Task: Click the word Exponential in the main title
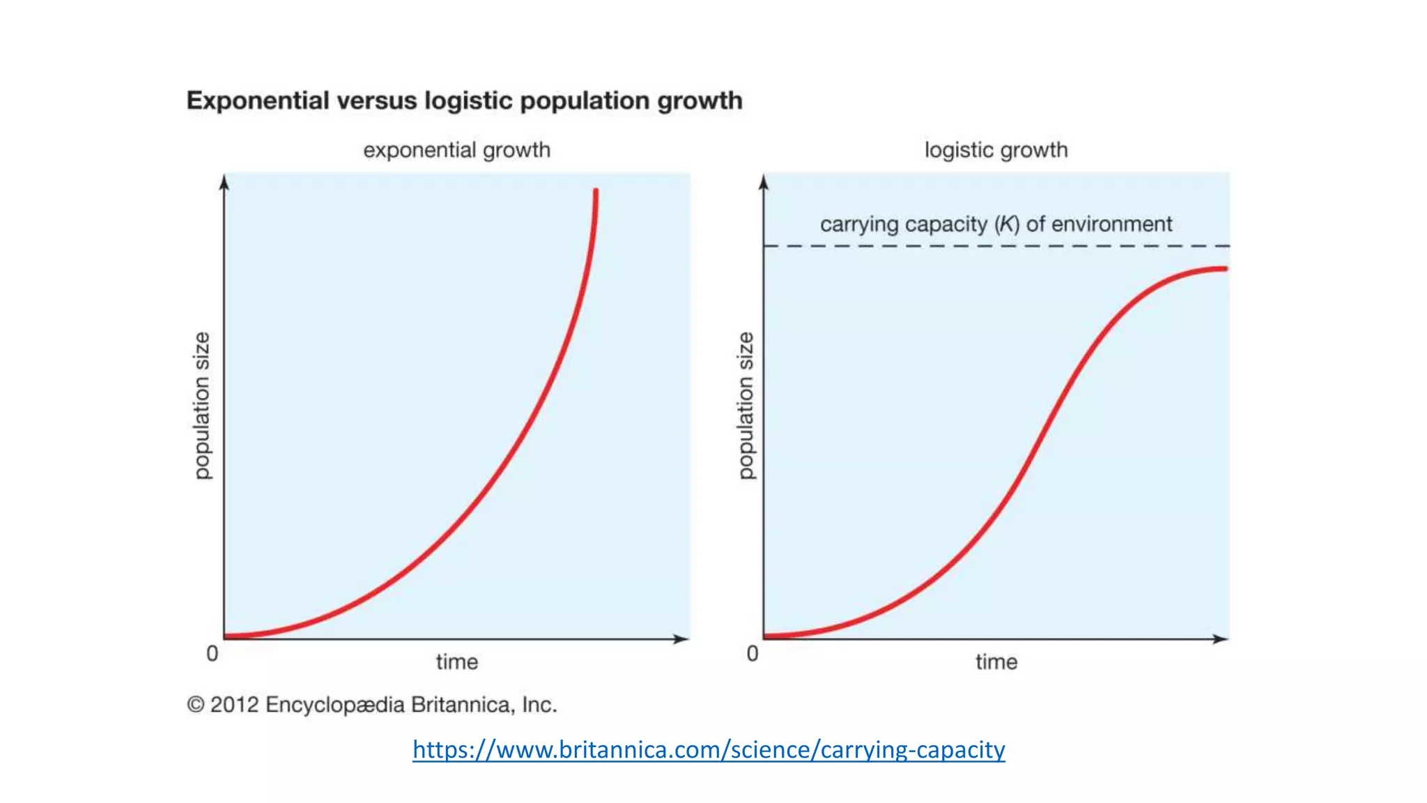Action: click(257, 101)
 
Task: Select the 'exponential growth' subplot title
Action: click(456, 150)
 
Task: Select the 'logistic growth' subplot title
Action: click(996, 150)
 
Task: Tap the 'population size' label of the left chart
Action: click(201, 406)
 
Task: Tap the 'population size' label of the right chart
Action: click(746, 406)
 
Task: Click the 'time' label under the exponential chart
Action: click(457, 661)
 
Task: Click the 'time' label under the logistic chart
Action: click(996, 661)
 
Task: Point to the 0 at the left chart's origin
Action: click(213, 654)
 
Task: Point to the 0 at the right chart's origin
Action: click(753, 654)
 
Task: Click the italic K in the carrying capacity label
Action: click(1007, 224)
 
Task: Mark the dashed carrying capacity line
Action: click(996, 246)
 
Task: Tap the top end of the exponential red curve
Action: click(596, 192)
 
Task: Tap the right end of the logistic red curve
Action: click(1224, 268)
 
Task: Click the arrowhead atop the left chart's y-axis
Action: click(224, 182)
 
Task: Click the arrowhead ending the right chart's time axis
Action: click(1220, 638)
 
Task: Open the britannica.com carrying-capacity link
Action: click(709, 749)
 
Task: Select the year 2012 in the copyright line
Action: click(235, 705)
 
